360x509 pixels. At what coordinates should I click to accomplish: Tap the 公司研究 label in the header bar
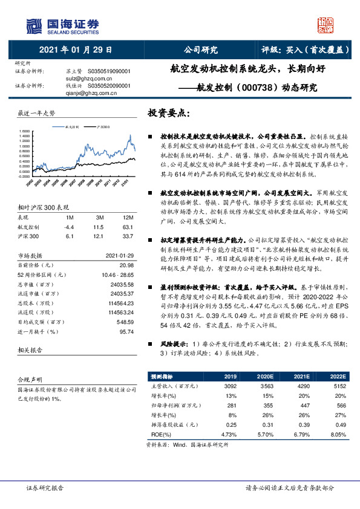coord(200,50)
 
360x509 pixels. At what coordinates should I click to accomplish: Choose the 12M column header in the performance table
coord(127,217)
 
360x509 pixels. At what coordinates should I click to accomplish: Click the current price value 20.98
coord(126,264)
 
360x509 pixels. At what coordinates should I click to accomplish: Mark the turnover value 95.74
coord(126,331)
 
